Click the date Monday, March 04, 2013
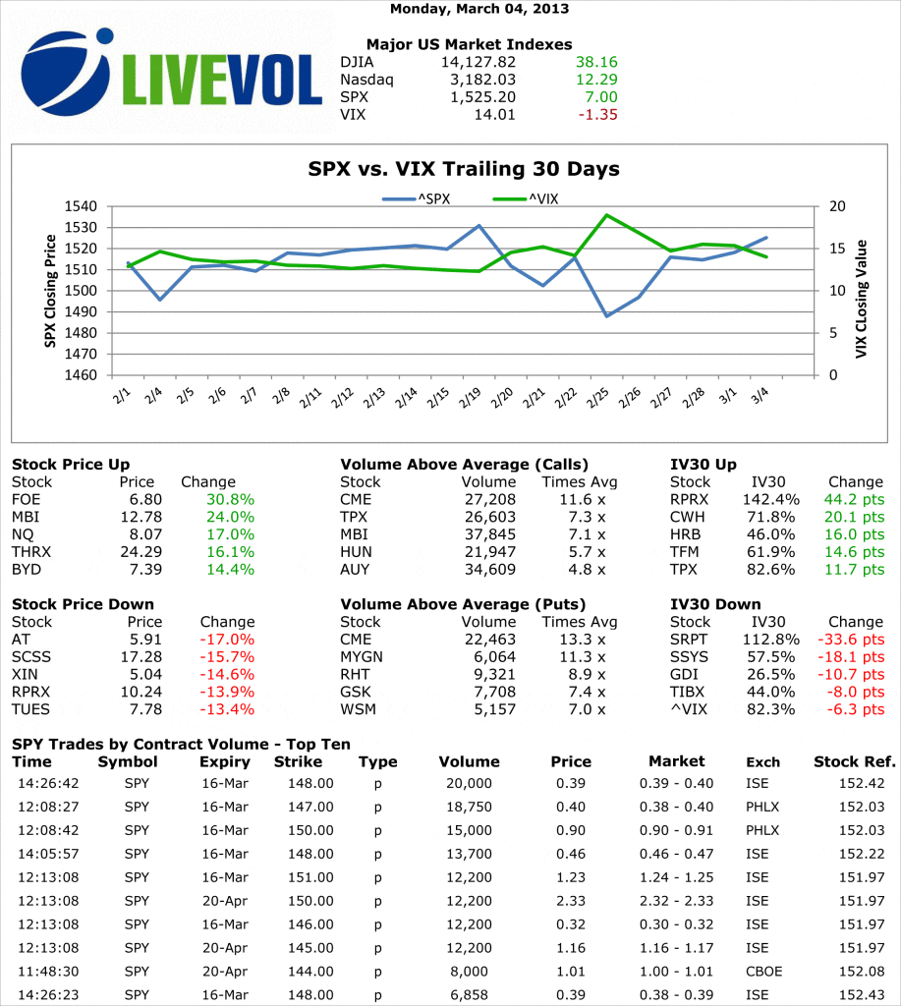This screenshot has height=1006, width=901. click(x=479, y=9)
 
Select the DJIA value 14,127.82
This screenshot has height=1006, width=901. click(x=479, y=62)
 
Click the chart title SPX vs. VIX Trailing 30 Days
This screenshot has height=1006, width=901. click(x=464, y=169)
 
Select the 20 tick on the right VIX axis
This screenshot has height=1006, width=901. click(x=835, y=206)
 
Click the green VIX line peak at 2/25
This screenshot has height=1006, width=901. click(x=607, y=215)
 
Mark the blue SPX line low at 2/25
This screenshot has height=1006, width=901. click(x=607, y=315)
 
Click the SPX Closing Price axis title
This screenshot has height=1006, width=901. click(x=50, y=292)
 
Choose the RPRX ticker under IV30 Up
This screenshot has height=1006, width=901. click(x=690, y=499)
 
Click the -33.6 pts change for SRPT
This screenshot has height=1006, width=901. click(x=851, y=639)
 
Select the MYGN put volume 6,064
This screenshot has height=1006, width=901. click(x=494, y=656)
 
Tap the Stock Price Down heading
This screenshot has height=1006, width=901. click(x=83, y=604)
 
